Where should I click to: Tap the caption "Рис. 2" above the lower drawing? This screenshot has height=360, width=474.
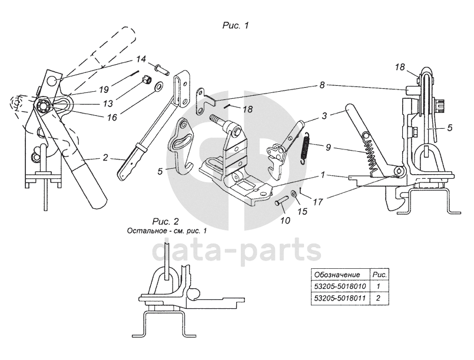click(x=165, y=222)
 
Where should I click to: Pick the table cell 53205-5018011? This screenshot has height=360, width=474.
click(x=339, y=298)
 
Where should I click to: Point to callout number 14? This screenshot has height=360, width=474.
click(x=141, y=59)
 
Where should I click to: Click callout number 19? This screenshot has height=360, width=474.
click(x=103, y=90)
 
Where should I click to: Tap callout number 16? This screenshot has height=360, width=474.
click(x=110, y=117)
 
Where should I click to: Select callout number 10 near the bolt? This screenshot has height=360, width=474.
click(x=285, y=221)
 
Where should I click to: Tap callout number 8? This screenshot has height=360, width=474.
click(x=321, y=85)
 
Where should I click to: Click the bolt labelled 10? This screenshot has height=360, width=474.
click(x=281, y=202)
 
